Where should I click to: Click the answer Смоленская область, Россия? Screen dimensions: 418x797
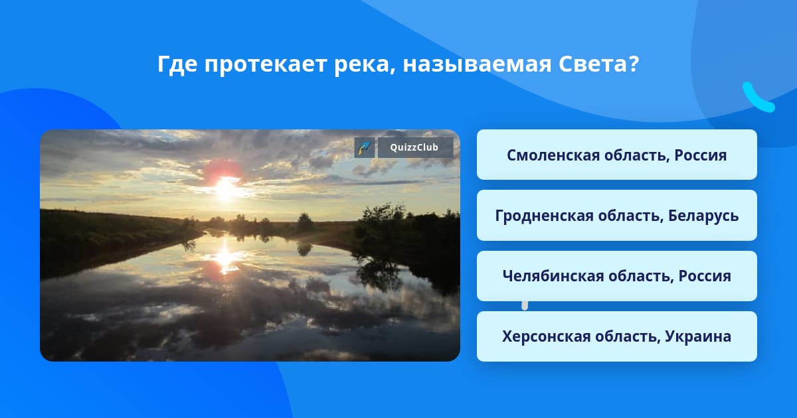pyautogui.click(x=616, y=155)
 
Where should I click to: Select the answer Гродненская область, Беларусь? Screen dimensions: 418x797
pyautogui.click(x=616, y=216)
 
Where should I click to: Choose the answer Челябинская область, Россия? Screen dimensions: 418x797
pyautogui.click(x=616, y=276)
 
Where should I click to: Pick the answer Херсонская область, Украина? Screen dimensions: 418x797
pyautogui.click(x=616, y=336)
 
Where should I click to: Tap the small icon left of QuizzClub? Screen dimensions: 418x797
pyautogui.click(x=365, y=147)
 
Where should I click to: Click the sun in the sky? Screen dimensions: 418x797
pyautogui.click(x=225, y=187)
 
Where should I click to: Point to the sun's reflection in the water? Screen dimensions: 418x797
pyautogui.click(x=224, y=259)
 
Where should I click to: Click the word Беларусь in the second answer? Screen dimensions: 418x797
pyautogui.click(x=703, y=216)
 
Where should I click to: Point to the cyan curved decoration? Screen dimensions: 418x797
pyautogui.click(x=757, y=98)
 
